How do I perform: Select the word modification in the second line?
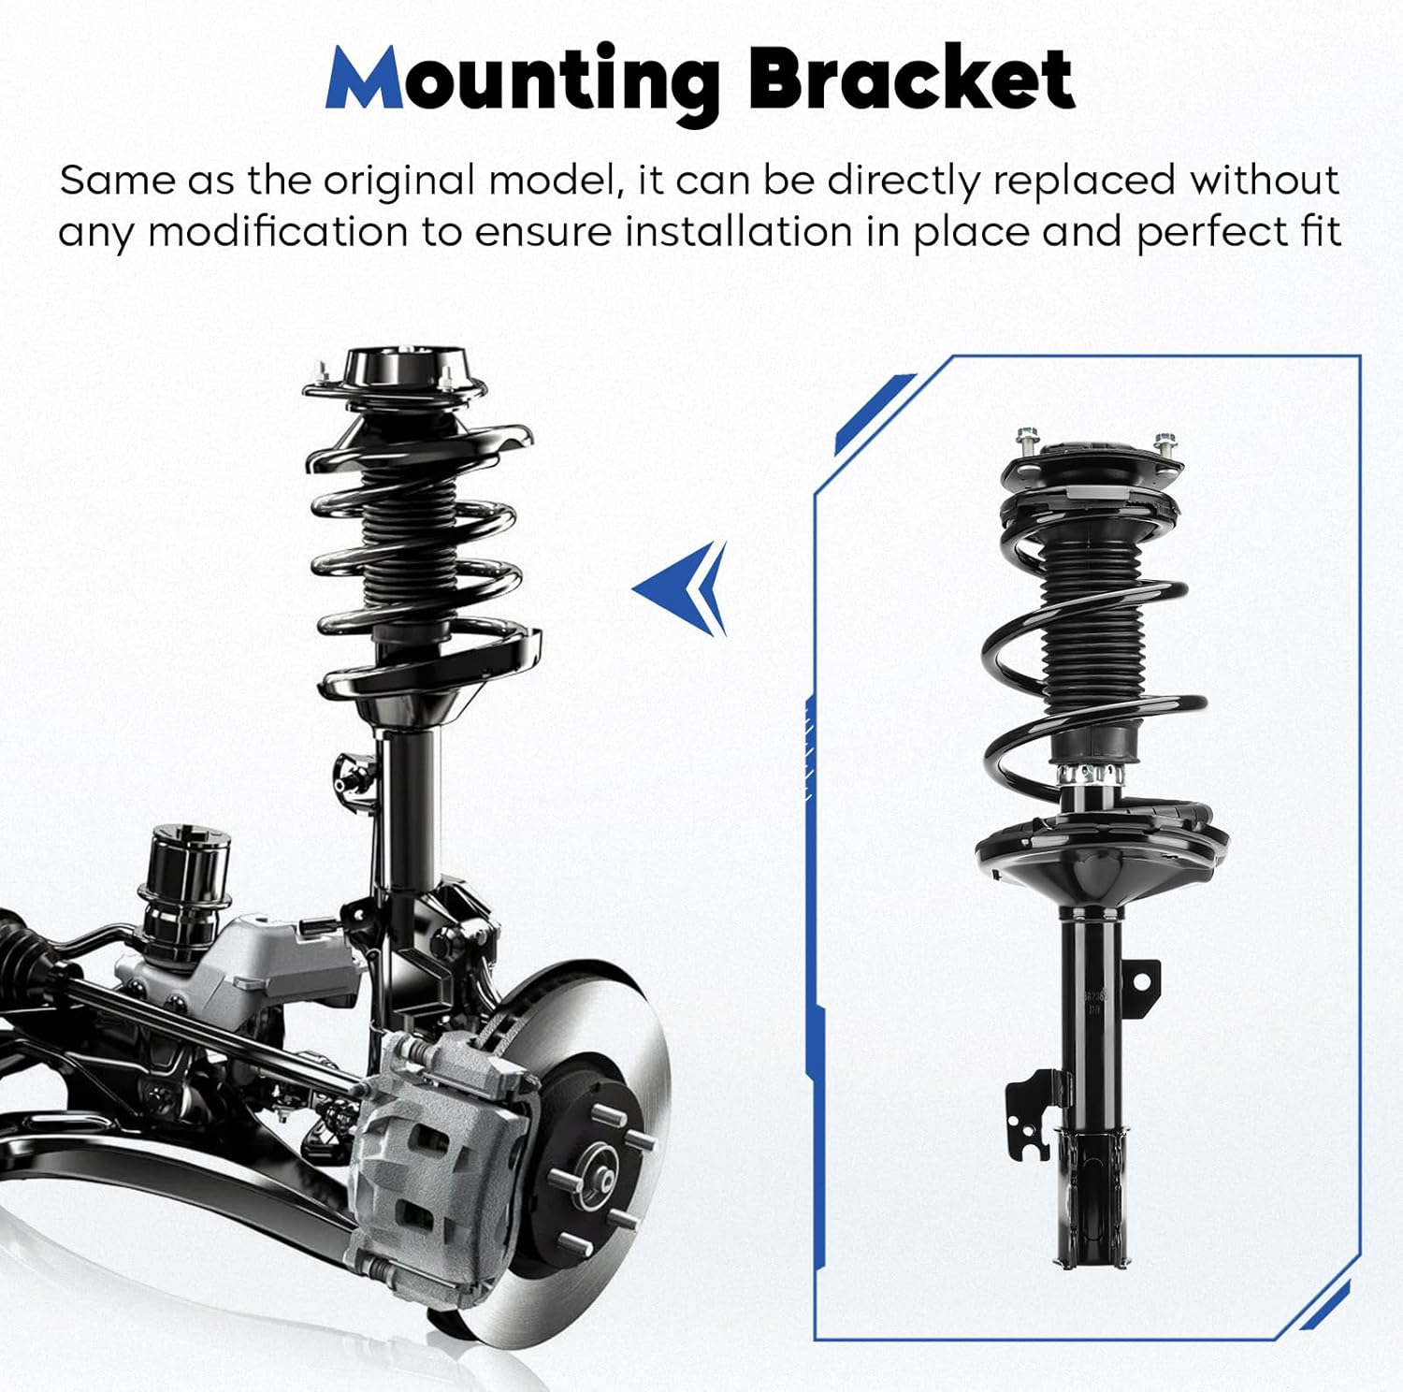[277, 232]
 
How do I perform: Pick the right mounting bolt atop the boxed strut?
[1164, 442]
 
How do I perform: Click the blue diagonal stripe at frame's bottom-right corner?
[1326, 1305]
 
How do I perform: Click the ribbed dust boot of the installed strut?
[409, 552]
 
